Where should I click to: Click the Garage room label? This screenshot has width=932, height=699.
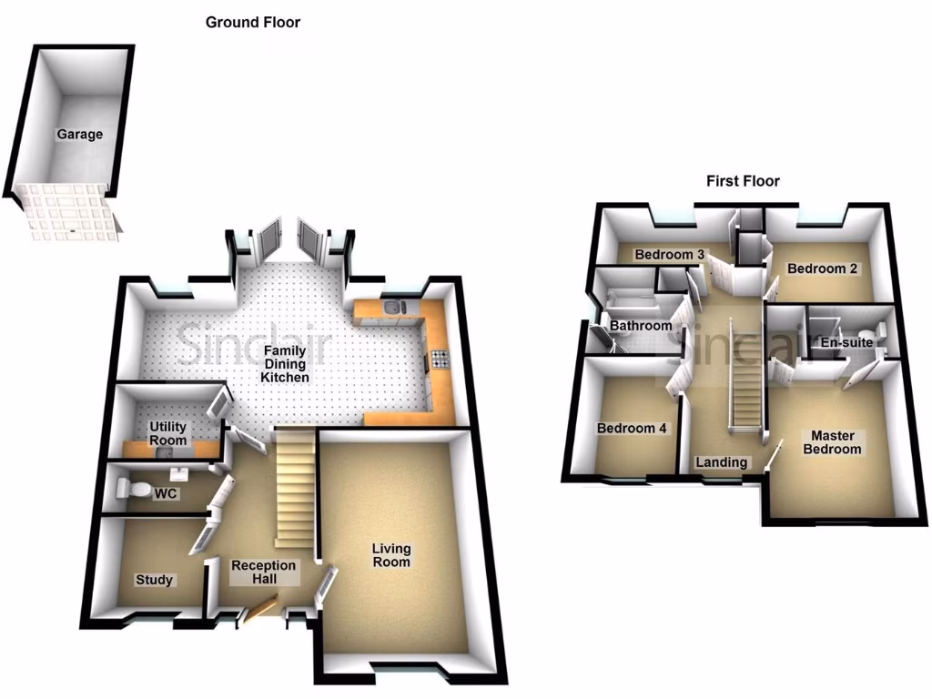point(80,135)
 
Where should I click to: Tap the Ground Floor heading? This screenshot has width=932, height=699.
point(252,22)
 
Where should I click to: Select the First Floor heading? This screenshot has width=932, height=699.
point(743,181)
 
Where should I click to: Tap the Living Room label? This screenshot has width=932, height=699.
point(391,555)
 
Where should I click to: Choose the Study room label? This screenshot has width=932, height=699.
point(154,580)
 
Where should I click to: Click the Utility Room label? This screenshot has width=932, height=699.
point(168,433)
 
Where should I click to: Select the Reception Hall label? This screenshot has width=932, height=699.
point(264,572)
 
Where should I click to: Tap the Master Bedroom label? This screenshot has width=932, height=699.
point(832,442)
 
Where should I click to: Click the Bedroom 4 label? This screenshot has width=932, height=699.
point(625,429)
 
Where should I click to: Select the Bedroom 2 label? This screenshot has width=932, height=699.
point(823,268)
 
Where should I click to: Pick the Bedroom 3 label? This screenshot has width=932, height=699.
point(670,254)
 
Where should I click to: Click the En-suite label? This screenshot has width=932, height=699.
point(846,342)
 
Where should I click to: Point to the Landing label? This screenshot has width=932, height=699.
point(721,462)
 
